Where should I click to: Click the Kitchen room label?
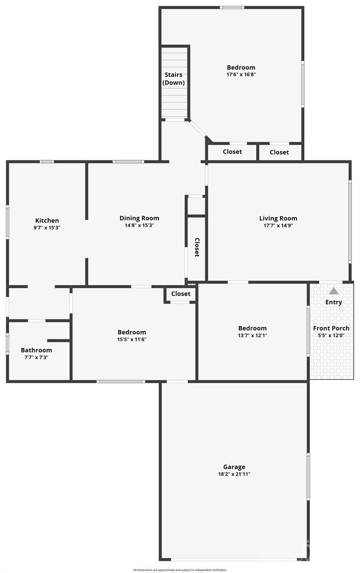(47, 220)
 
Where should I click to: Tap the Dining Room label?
(139, 218)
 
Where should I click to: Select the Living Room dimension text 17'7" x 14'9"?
(278, 225)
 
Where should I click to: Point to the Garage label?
(234, 467)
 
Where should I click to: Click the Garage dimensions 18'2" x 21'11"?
(234, 474)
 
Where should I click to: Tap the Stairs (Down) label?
(174, 79)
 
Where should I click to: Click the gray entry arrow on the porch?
(333, 291)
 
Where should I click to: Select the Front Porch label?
(331, 328)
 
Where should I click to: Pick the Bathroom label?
(37, 350)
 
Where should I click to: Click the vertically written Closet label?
(197, 247)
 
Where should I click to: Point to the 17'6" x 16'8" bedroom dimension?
(241, 75)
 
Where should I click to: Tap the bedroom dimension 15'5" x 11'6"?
(132, 339)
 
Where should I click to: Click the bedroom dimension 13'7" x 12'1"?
(252, 335)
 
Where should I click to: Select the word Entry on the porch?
(333, 302)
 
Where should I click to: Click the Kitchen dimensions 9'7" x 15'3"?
(47, 228)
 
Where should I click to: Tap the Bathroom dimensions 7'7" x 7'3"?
(37, 357)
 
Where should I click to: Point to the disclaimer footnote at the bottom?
(180, 570)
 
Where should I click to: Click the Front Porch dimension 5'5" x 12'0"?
(331, 335)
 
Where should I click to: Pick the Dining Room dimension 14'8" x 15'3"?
(139, 225)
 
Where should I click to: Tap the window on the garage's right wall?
(308, 476)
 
